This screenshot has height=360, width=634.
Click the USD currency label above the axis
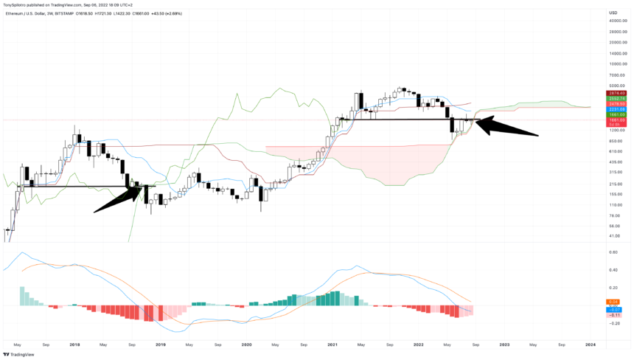click(613, 13)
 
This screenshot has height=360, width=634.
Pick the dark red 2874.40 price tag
click(616, 92)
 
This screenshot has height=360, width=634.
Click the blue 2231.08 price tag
click(616, 109)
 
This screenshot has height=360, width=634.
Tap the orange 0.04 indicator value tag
click(613, 301)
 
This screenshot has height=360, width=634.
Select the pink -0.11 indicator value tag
click(613, 315)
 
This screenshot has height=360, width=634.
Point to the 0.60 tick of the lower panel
click(613, 252)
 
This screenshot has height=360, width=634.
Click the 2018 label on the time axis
click(74, 345)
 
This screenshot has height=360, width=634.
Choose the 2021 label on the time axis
click(332, 345)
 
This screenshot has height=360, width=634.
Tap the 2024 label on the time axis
click(591, 345)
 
